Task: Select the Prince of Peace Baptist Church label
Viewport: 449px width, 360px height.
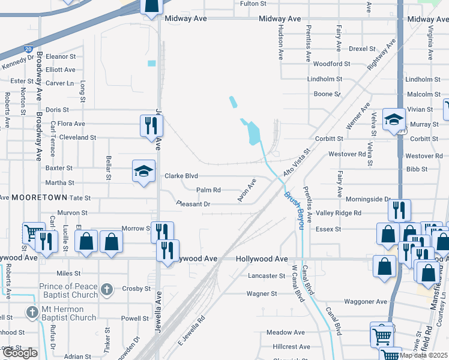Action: pos(68,290)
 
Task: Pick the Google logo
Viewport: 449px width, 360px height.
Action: pos(20,353)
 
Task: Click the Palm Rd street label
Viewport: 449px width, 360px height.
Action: pos(208,190)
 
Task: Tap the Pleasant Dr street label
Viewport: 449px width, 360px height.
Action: pos(193,204)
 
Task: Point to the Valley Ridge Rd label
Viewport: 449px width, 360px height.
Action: pos(339,213)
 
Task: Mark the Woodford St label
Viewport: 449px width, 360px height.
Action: pos(331,64)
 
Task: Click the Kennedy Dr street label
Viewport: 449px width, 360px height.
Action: pos(19,62)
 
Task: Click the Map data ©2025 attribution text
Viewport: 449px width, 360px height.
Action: pos(424,355)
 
